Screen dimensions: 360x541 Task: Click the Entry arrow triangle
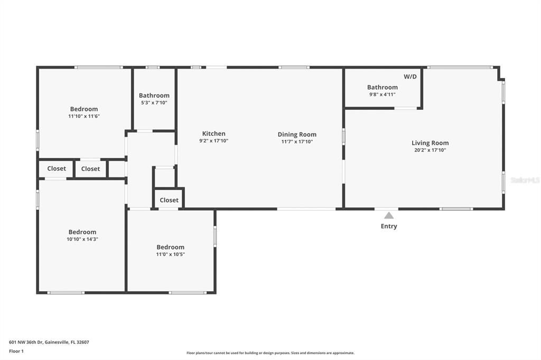[389, 215]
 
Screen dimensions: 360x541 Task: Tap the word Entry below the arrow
[389, 226]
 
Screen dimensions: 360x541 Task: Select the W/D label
[410, 77]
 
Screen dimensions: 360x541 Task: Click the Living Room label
[430, 143]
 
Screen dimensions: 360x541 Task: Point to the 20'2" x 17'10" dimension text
[430, 150]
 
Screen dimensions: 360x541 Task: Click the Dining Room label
[297, 134]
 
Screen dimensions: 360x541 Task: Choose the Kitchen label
[213, 134]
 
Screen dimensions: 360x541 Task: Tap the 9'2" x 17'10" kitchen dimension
[213, 141]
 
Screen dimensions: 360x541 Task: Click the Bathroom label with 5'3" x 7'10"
[154, 96]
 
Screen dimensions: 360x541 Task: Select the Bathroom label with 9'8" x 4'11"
[383, 87]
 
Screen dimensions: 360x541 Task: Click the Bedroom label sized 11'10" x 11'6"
[84, 109]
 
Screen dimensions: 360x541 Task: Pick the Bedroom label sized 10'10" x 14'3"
[82, 232]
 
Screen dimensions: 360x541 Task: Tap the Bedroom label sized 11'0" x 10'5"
[170, 247]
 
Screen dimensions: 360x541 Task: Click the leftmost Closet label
[57, 169]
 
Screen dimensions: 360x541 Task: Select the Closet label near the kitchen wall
[169, 200]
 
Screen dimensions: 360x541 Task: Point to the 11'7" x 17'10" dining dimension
[297, 141]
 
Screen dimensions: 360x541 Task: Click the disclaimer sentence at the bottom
[270, 353]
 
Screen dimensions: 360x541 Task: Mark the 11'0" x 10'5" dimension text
[170, 254]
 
